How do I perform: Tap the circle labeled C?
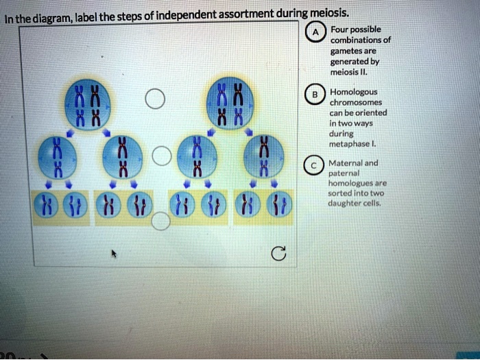coord(313,165)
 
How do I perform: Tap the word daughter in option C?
coord(347,204)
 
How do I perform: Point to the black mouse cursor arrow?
coord(115,254)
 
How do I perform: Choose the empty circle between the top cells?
coord(156,99)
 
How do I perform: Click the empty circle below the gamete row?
coord(160,219)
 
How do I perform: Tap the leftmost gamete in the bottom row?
coord(47,206)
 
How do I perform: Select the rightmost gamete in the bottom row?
coord(281,206)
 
